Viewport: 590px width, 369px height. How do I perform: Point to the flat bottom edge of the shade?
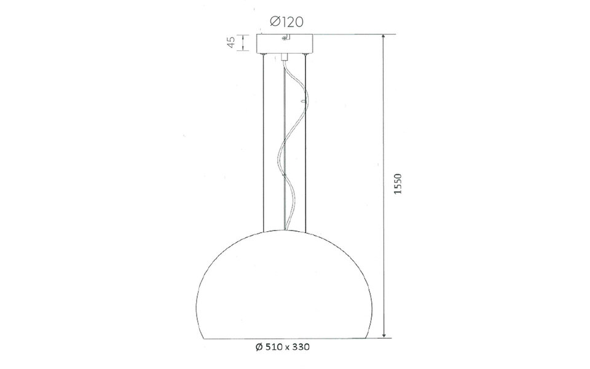[285, 338]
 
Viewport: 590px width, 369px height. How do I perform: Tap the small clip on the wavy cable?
[302, 98]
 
